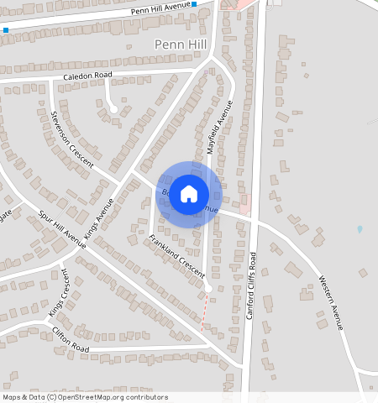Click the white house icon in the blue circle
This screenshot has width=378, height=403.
coord(189,193)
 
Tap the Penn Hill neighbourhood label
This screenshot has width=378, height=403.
coord(180,43)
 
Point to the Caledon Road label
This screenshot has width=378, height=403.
coord(87,76)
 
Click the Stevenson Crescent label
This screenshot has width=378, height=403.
coord(71,143)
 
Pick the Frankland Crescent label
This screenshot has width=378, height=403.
coord(177,257)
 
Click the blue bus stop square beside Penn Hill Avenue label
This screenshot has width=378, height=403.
coord(194,4)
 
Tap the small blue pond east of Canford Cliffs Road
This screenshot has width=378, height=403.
coord(360,228)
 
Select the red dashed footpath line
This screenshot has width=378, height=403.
coord(204,312)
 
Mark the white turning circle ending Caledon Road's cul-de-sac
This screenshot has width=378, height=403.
coord(113,107)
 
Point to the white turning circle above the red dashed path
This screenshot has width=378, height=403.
coord(208,289)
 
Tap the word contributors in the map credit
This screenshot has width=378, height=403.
coord(146,397)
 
